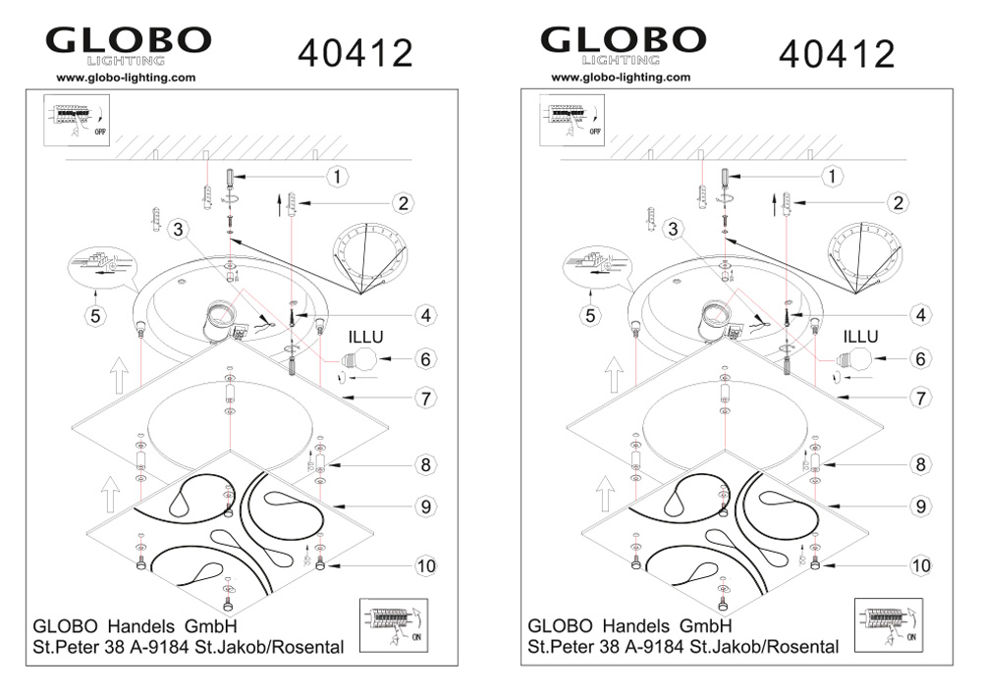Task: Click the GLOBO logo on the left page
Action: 129,45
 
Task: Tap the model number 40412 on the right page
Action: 837,53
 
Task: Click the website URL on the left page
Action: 126,78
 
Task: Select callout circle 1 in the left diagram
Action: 338,177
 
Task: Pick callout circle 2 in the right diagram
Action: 899,202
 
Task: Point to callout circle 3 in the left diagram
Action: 179,229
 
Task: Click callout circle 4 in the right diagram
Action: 921,315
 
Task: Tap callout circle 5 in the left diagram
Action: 95,315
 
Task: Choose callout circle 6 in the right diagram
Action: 921,358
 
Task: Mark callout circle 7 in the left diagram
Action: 426,398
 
